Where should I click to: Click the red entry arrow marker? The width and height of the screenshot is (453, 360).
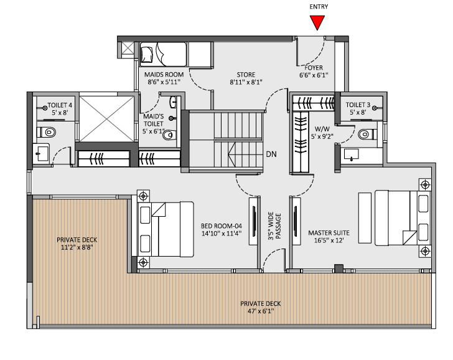(x=318, y=23)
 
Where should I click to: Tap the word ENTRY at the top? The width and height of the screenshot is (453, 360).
(x=318, y=7)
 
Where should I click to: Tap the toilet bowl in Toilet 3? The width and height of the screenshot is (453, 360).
(x=368, y=132)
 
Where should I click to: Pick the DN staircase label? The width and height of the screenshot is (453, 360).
(x=271, y=154)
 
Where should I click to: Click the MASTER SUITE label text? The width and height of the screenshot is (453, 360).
(x=329, y=237)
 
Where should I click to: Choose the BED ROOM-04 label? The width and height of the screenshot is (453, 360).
(x=220, y=230)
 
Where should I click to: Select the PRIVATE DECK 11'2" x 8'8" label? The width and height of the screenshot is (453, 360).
(x=77, y=243)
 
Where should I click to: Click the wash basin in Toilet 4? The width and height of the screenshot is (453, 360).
(x=42, y=152)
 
